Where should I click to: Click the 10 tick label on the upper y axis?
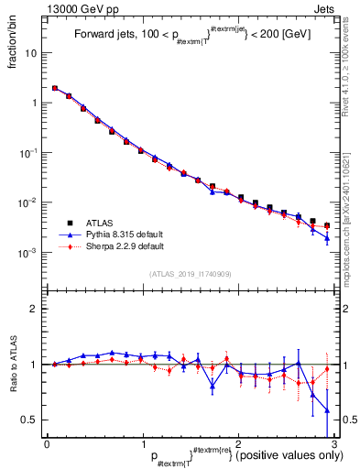pos(33,52)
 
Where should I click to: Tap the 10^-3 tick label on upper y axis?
pos(31,252)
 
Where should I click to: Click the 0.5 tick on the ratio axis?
pos(31,420)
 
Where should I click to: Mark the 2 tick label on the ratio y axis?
pos(36,309)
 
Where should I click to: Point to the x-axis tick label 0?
pos(47,442)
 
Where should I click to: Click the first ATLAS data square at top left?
pos(55,89)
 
